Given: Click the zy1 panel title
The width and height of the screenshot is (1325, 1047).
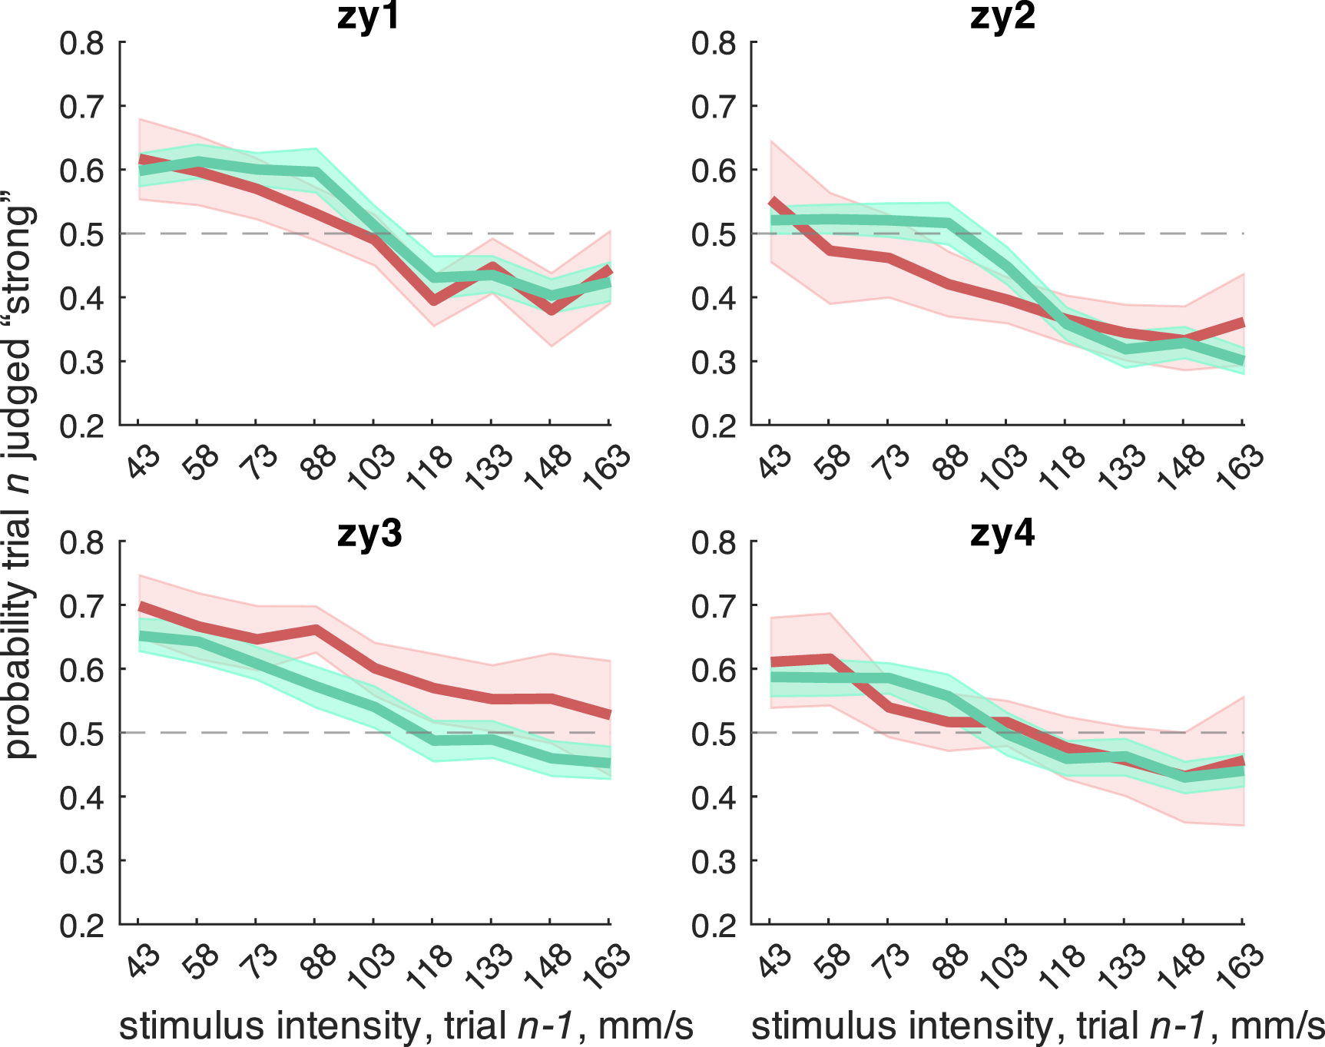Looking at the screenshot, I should pos(369,17).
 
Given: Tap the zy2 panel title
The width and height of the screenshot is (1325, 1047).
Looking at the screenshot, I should pos(1002,17).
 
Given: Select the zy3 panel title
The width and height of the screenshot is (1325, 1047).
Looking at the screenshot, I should pos(369,532).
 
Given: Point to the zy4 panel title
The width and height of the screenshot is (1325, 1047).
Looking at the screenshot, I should pos(1002,532).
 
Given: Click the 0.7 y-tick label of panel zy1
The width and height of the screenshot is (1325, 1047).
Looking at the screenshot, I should pos(81,107).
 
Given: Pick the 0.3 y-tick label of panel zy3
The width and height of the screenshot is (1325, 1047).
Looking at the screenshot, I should pos(81,862).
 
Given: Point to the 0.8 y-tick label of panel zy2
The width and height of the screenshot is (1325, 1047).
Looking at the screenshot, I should pos(714,44).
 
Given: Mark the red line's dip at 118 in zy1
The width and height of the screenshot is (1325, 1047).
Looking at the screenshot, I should pos(434,300).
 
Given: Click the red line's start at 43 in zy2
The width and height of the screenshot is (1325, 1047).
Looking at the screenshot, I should pos(771,202).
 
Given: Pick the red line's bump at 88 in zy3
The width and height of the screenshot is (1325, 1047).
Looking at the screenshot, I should pos(315,630).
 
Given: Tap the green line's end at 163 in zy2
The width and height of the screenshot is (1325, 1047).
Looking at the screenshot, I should pos(1241,359).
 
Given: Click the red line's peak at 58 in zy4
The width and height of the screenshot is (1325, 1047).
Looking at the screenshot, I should pos(829,658).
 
